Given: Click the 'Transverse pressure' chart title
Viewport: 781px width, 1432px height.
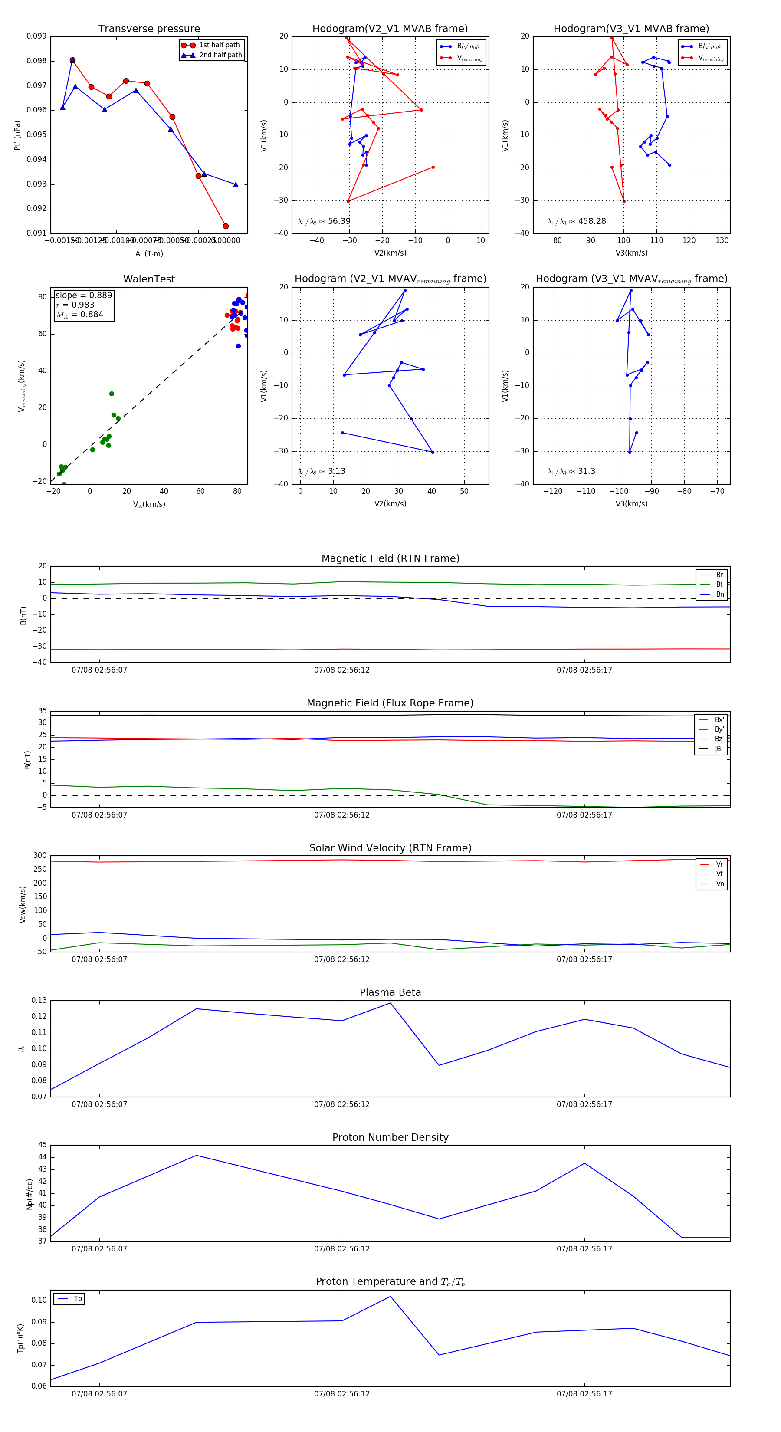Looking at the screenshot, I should coord(149,29).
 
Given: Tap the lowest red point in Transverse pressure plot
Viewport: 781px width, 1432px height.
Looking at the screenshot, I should coord(226,226).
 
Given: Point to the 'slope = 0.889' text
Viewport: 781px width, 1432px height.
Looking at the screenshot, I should coord(83,295).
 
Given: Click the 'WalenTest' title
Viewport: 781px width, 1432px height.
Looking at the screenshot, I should coord(149,279).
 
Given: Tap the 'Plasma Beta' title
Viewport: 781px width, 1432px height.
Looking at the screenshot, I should coord(390,992).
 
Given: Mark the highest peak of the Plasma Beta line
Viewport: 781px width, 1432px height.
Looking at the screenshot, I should coord(390,1003).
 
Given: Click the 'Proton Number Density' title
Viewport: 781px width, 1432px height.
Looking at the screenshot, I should coord(390,1137).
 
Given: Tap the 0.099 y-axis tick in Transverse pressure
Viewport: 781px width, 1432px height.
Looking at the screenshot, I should coord(37,36).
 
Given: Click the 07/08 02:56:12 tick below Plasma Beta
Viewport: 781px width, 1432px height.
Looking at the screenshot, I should coord(342,1104).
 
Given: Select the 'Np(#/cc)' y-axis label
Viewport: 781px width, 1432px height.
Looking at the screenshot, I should coord(30,1193).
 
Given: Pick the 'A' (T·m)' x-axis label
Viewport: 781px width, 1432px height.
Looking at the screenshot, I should coord(149,253).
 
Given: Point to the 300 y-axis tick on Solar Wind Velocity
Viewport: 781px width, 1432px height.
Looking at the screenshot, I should coord(40,856).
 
